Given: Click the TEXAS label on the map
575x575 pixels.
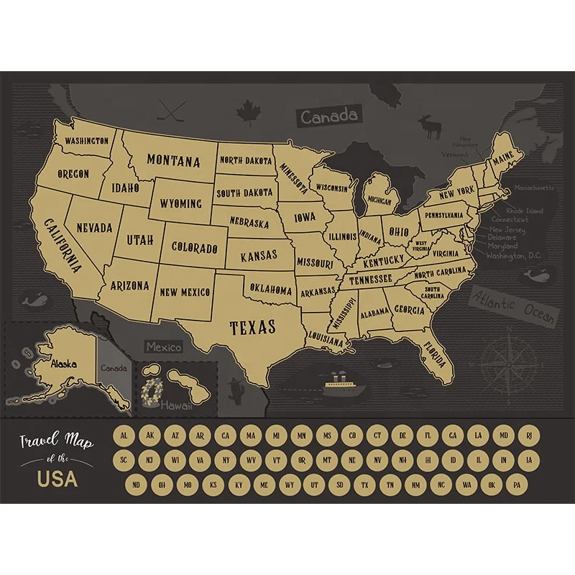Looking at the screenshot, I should (252, 328).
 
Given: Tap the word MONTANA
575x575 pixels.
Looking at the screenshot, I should (174, 160).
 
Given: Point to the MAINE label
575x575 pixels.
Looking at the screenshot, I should (502, 156).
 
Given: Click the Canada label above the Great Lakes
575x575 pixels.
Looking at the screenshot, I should (328, 115).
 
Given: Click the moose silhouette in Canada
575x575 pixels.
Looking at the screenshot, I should (432, 127).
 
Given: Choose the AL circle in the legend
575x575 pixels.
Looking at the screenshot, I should (124, 436).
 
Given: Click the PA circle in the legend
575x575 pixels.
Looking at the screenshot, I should (514, 484).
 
